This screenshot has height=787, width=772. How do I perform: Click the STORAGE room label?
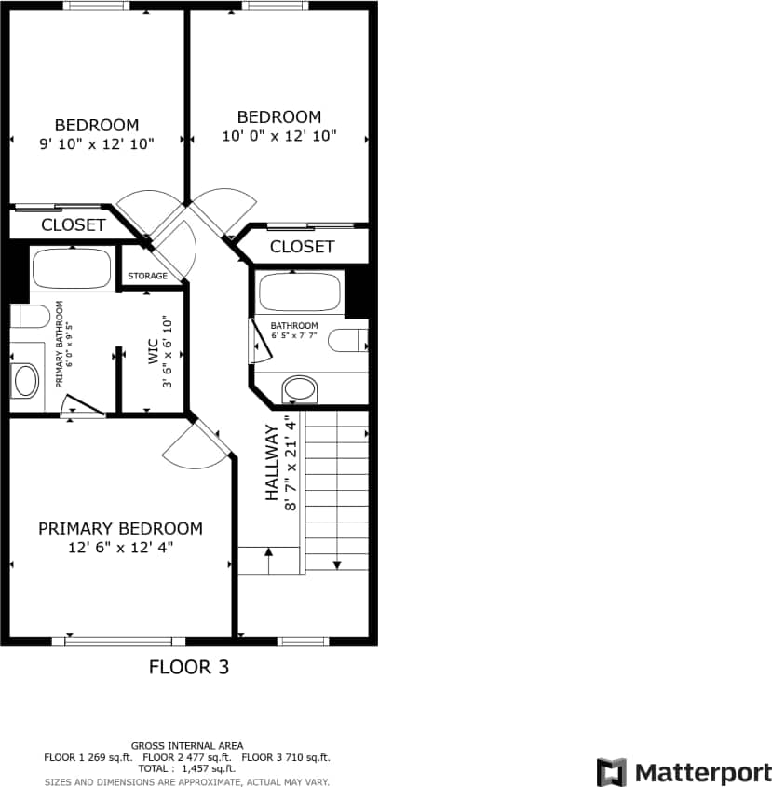tap(148, 276)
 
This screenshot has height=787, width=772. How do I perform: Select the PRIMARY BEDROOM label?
tap(120, 529)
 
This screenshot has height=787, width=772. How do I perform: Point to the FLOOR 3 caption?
tap(189, 667)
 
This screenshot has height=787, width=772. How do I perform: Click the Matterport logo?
tap(684, 772)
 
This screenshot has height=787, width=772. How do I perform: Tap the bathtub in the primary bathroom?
tap(72, 268)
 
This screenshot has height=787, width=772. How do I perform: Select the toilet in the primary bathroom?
tap(30, 317)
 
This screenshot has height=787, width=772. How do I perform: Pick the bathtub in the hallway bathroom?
tap(298, 292)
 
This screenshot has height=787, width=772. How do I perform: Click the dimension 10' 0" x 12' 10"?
tap(279, 136)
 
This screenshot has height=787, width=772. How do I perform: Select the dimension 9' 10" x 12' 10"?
tap(97, 143)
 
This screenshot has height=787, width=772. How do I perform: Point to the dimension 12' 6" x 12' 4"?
tap(120, 548)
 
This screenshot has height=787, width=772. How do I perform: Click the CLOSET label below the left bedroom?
tap(74, 224)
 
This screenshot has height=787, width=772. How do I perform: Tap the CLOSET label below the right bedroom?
tap(302, 247)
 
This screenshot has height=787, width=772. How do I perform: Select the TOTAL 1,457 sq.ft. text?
tap(187, 768)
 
